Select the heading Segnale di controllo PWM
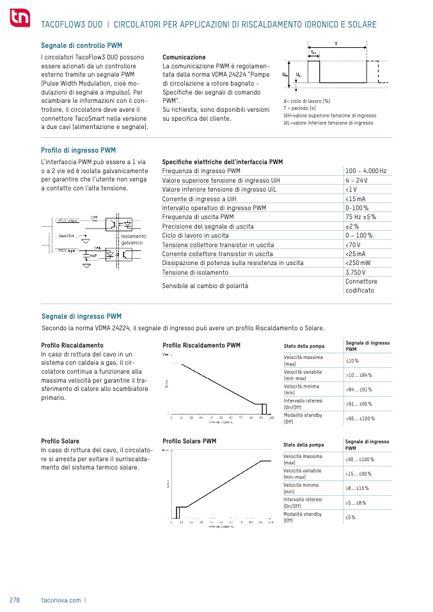[x=81, y=46]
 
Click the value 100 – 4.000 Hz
[x=365, y=171]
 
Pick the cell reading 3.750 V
[x=356, y=272]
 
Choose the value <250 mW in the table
[x=358, y=263]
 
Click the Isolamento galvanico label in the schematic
[x=133, y=240]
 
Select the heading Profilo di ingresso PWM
[x=78, y=151]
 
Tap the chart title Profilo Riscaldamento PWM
[x=201, y=346]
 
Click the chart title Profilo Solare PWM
[x=189, y=441]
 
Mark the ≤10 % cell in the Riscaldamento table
[x=352, y=361]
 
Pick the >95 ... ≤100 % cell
[x=360, y=418]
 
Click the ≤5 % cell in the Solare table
[x=350, y=517]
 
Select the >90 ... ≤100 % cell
[x=360, y=459]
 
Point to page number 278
[x=15, y=600]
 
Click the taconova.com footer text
[x=61, y=600]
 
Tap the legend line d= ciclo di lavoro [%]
[x=306, y=101]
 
